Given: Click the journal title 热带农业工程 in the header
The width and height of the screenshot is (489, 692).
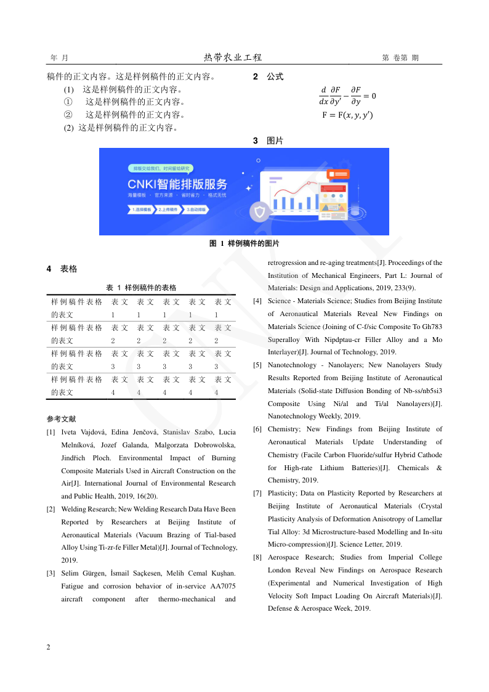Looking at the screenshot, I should click(x=233, y=57).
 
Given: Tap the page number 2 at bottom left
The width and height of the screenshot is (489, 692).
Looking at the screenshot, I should click(x=49, y=647).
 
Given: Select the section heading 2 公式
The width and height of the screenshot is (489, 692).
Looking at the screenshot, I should click(x=268, y=77).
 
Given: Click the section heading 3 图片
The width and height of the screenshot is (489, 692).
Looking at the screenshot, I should click(x=268, y=141).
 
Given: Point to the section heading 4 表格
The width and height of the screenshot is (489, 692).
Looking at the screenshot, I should click(x=62, y=269).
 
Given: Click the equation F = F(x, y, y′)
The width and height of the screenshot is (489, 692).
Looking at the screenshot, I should click(x=347, y=115).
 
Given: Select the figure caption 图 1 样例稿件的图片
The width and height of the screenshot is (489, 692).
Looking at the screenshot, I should click(x=244, y=244).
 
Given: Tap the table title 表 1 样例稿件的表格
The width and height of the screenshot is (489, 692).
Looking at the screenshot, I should click(x=141, y=288).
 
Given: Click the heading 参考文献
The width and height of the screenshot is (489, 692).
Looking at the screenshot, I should click(x=61, y=419).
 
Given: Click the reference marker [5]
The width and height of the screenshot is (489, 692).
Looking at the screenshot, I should click(x=257, y=365).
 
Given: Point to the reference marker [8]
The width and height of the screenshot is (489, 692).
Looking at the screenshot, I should click(x=257, y=558).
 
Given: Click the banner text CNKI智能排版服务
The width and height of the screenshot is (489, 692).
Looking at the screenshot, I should click(x=177, y=184).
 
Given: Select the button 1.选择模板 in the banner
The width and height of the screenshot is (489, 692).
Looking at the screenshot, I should click(x=141, y=210).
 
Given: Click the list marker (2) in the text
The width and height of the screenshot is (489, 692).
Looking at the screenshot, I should click(x=69, y=128).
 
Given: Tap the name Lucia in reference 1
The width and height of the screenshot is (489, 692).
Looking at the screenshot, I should click(x=227, y=433).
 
